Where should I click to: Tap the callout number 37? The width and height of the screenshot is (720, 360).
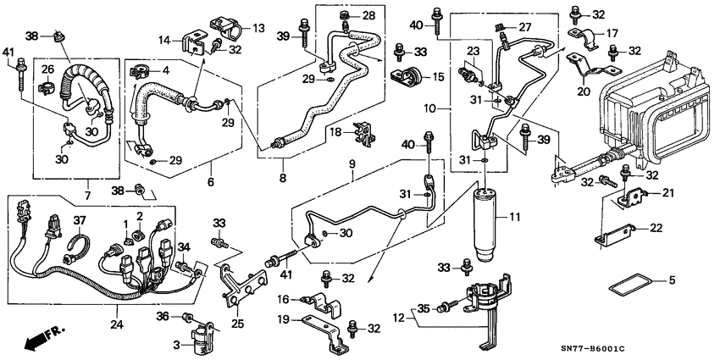(x=80, y=221)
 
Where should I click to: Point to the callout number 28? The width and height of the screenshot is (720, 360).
(x=368, y=16)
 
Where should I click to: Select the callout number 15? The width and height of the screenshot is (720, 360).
(x=437, y=77)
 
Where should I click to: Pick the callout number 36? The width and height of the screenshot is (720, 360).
(x=164, y=316)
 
